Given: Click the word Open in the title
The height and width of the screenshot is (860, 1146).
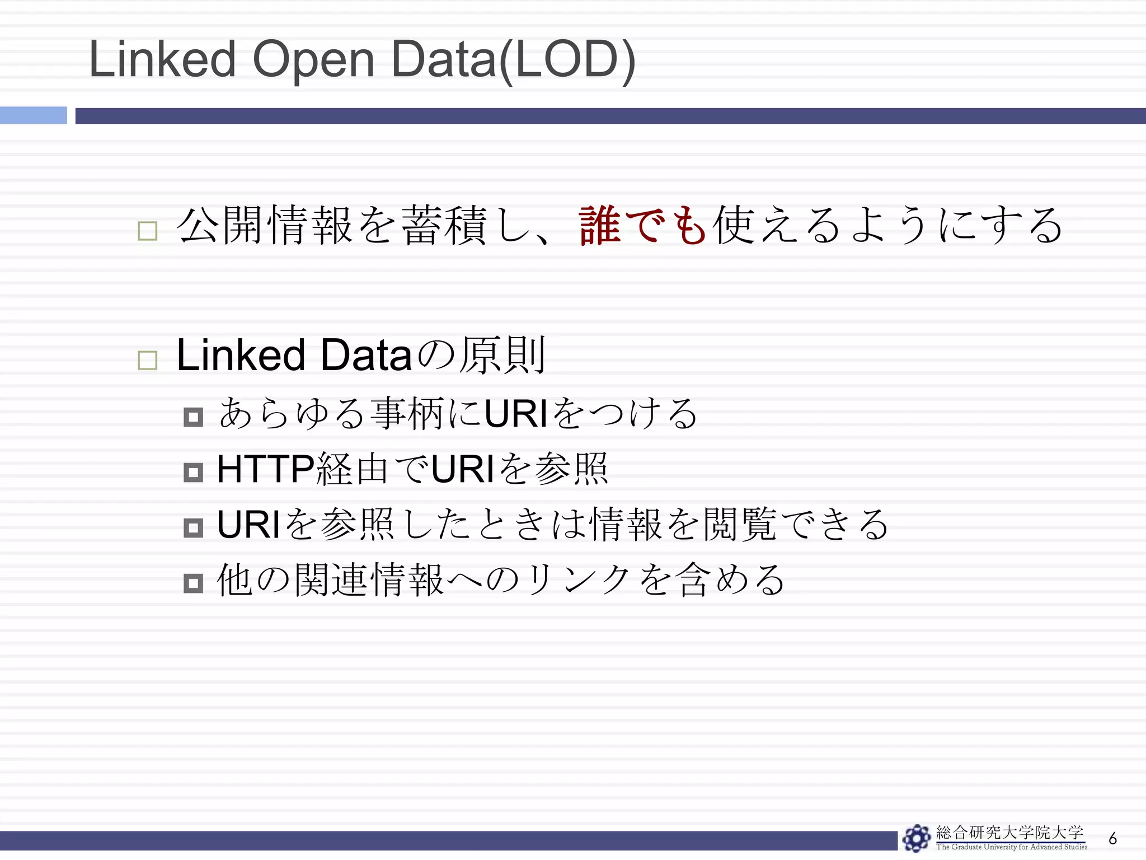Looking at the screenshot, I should [313, 60].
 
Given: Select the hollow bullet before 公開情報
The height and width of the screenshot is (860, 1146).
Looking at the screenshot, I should [147, 231].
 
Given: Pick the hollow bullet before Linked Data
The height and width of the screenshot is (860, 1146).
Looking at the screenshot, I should [147, 360].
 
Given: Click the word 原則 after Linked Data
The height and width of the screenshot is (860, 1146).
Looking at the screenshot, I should [502, 355].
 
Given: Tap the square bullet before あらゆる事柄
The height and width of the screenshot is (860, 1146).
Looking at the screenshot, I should [193, 417].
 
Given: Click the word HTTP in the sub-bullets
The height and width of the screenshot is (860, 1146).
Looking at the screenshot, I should [266, 469].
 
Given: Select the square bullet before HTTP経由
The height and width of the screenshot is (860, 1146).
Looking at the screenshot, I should [193, 473].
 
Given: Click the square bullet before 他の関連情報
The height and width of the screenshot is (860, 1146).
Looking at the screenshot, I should [193, 583].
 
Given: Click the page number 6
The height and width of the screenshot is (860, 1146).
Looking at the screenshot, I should [1112, 838].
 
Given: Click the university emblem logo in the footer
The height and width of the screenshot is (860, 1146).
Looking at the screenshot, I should [916, 838].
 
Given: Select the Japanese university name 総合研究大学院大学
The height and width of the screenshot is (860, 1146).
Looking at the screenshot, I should [1010, 833].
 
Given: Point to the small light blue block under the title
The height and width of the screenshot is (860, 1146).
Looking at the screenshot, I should [33, 115].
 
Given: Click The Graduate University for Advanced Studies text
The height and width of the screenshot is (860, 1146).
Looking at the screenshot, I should [1012, 847].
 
